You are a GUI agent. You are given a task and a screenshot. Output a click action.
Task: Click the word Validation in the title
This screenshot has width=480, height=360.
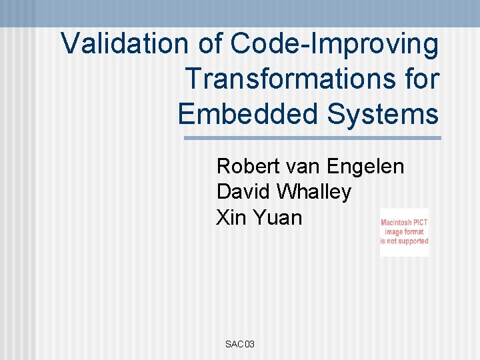tap(125, 44)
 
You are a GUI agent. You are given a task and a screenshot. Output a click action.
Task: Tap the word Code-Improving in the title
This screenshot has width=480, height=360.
tap(335, 45)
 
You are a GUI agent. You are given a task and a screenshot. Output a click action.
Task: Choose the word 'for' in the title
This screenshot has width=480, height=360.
tap(419, 79)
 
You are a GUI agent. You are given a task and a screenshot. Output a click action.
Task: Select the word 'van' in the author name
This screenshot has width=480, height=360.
tap(305, 166)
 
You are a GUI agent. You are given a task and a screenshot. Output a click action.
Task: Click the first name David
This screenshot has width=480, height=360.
tap(243, 192)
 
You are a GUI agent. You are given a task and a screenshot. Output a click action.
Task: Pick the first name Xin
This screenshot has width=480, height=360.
tap(229, 217)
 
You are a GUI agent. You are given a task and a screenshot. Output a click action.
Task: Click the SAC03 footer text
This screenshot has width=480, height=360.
tap(240, 344)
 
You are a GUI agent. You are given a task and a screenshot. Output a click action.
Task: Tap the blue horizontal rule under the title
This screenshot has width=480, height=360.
tap(312, 138)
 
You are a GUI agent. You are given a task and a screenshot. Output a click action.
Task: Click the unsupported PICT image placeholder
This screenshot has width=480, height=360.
tap(404, 232)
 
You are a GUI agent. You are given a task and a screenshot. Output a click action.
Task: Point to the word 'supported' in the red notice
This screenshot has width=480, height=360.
tap(413, 241)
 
